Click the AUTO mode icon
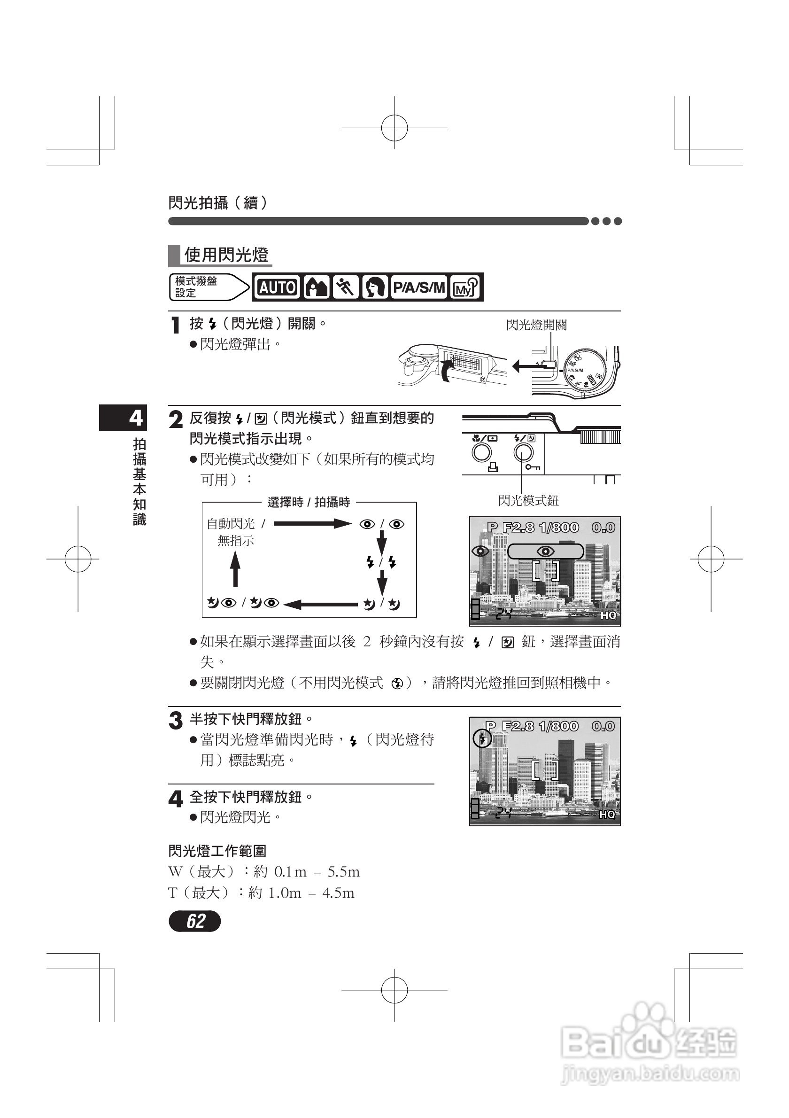[277, 287]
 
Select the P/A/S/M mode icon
[418, 287]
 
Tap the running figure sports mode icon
[346, 287]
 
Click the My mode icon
[465, 287]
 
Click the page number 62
[195, 921]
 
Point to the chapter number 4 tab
[136, 418]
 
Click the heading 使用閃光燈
[226, 255]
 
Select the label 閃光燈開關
[536, 325]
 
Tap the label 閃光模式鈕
[528, 501]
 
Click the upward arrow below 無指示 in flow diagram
[235, 569]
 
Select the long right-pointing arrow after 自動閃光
[312, 524]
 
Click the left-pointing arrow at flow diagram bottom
[321, 604]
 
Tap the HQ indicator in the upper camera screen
[608, 615]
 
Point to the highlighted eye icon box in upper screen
[545, 551]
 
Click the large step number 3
[175, 721]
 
